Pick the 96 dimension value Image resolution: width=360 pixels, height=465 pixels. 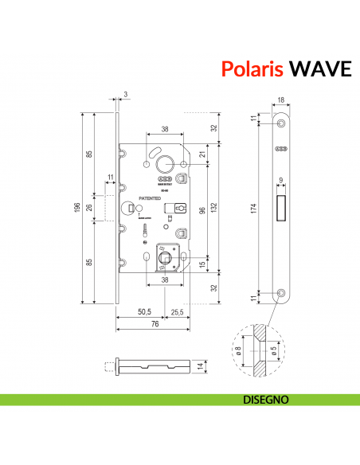click(x=202, y=212)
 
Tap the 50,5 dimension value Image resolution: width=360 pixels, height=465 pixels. click(x=145, y=311)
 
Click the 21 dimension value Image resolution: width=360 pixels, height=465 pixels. click(x=202, y=154)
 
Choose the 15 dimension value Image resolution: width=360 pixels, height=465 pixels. click(x=202, y=265)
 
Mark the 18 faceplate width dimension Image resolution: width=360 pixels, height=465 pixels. click(x=280, y=101)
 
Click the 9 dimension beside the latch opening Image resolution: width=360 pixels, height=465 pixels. click(x=281, y=179)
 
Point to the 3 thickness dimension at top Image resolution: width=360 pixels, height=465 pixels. click(x=126, y=94)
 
